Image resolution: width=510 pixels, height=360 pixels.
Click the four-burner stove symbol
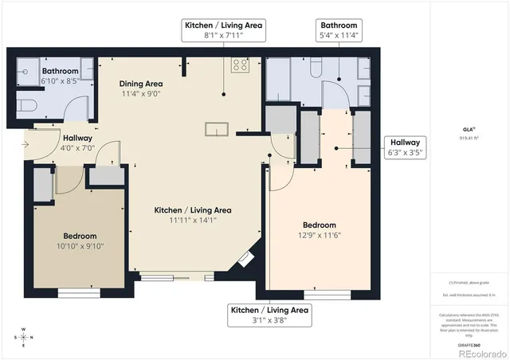238,65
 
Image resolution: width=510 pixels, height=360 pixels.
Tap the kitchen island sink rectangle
217,129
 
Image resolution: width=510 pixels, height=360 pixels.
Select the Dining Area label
141,84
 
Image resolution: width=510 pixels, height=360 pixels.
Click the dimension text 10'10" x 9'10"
80,246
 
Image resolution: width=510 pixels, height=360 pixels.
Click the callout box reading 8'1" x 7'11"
223,30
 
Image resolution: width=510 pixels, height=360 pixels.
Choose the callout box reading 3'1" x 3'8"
269,315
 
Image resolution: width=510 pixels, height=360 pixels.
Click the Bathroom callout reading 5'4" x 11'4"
338,30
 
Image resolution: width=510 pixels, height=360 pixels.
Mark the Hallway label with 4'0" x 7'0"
78,142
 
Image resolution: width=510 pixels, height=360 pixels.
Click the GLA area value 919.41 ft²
469,138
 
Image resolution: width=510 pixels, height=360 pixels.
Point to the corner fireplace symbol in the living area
244,259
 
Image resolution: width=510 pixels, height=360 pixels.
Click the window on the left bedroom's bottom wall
78,292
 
